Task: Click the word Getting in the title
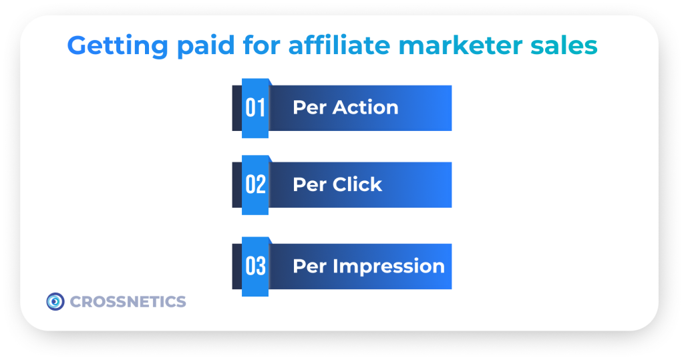[x=118, y=46]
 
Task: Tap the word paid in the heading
[x=206, y=46]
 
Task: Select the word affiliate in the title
[x=339, y=45]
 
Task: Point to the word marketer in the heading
[x=460, y=45]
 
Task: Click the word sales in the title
[x=564, y=45]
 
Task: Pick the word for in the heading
[x=261, y=45]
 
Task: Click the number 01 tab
[x=255, y=108]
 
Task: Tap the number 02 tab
[x=255, y=185]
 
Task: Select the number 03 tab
[x=255, y=266]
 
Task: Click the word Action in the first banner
[x=365, y=108]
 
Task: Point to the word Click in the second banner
[x=357, y=184]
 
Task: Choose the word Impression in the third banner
[x=389, y=266]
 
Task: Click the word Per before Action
[x=310, y=108]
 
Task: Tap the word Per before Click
[x=310, y=184]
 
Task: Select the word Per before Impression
[x=310, y=266]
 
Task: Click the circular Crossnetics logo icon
[x=55, y=301]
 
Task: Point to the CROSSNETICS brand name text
[x=128, y=301]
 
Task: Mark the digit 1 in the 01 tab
[x=261, y=108]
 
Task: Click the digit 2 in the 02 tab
[x=261, y=184]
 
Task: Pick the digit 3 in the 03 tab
[x=261, y=266]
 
